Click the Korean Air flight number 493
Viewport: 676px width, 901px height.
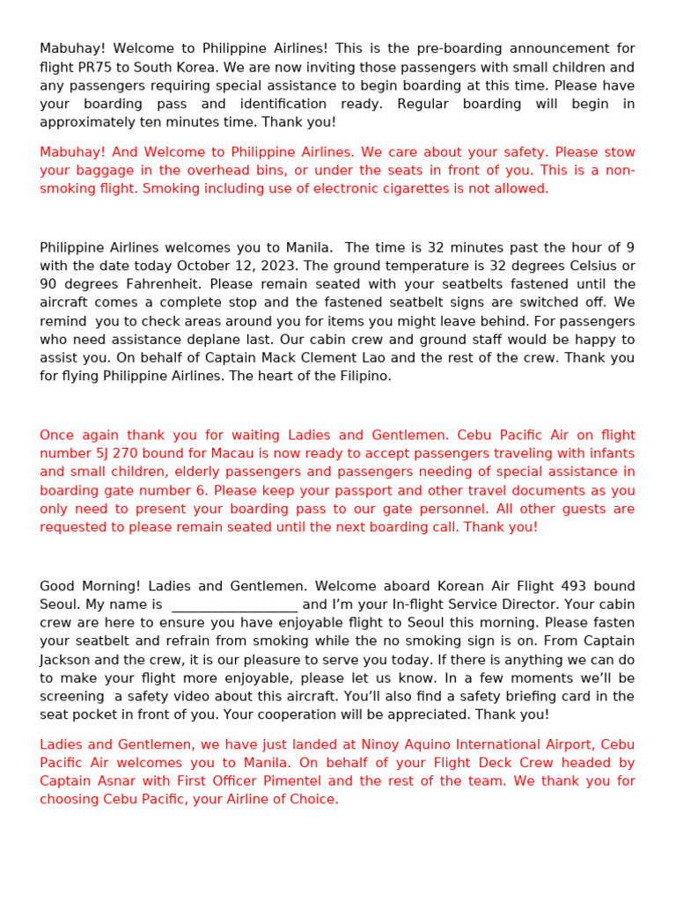click(555, 586)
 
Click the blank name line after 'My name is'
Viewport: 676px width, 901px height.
click(234, 605)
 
